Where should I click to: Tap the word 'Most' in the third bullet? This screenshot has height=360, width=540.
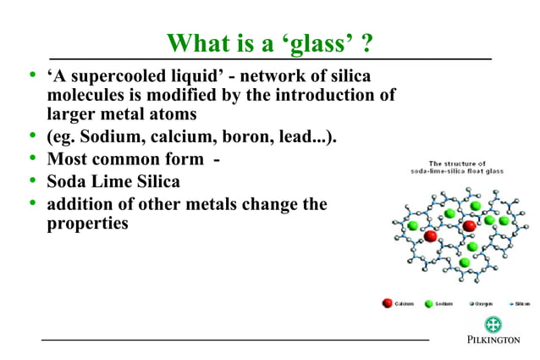68,159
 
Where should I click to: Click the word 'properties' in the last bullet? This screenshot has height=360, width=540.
87,224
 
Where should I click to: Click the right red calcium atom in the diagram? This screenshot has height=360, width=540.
469,226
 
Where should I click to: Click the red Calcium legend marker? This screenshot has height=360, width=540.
387,302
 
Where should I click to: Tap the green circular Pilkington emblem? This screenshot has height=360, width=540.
493,324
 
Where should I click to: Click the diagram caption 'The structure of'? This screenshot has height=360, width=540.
457,163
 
